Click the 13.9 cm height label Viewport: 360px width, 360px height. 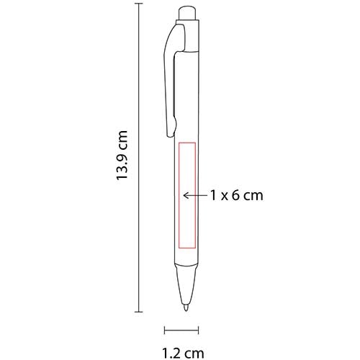(122, 155)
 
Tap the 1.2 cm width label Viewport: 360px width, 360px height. (183, 354)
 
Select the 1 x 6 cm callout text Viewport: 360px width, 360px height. (237, 195)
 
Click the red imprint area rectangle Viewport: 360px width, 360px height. (179, 195)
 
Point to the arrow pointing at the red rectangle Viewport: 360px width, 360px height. (195, 195)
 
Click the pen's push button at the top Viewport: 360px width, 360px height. (188, 14)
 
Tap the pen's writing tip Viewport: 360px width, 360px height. (186, 307)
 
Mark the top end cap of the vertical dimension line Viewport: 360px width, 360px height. (139, 4)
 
